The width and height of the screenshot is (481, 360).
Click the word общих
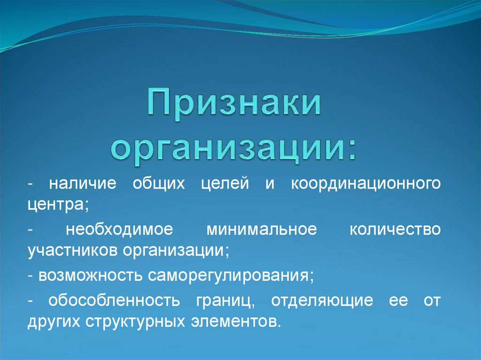pos(153,184)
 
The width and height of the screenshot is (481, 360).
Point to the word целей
pos(221,184)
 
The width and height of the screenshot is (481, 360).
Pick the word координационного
pos(365,184)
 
